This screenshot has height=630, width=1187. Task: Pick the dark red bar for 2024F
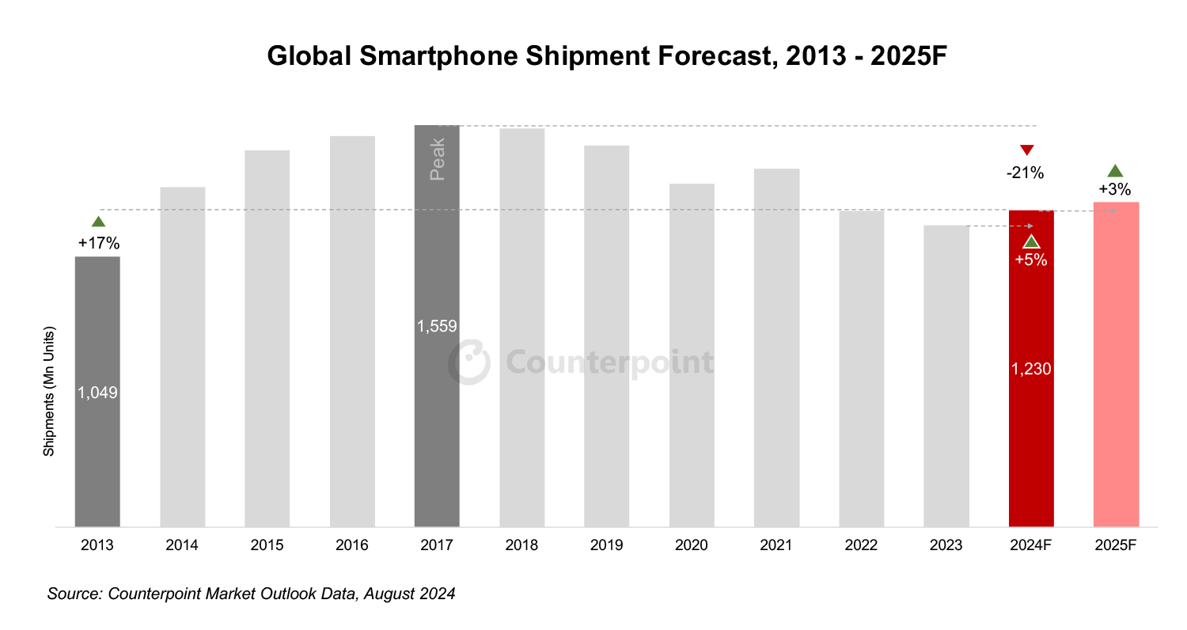1031,451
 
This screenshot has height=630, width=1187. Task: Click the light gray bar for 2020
692,356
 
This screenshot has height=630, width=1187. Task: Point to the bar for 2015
267,340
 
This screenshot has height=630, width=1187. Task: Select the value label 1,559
437,325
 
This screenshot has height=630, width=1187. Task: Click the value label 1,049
97,392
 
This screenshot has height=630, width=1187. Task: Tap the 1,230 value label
1031,368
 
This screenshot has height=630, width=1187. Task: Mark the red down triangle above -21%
1026,150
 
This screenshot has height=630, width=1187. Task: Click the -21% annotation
1026,172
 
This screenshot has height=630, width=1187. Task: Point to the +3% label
1114,189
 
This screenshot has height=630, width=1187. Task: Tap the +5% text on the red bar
1031,260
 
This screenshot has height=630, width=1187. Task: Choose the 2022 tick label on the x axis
861,545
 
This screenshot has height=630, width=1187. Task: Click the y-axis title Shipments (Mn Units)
49,391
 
